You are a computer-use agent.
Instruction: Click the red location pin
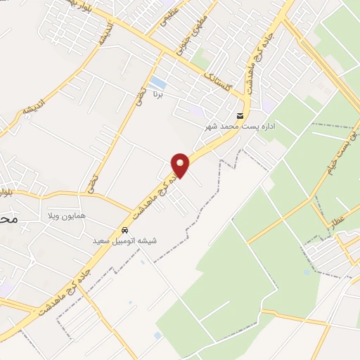click(x=181, y=165)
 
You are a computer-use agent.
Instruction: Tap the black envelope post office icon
click(x=241, y=116)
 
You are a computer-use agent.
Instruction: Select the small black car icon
click(x=125, y=231)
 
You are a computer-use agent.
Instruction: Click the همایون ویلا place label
click(x=66, y=214)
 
